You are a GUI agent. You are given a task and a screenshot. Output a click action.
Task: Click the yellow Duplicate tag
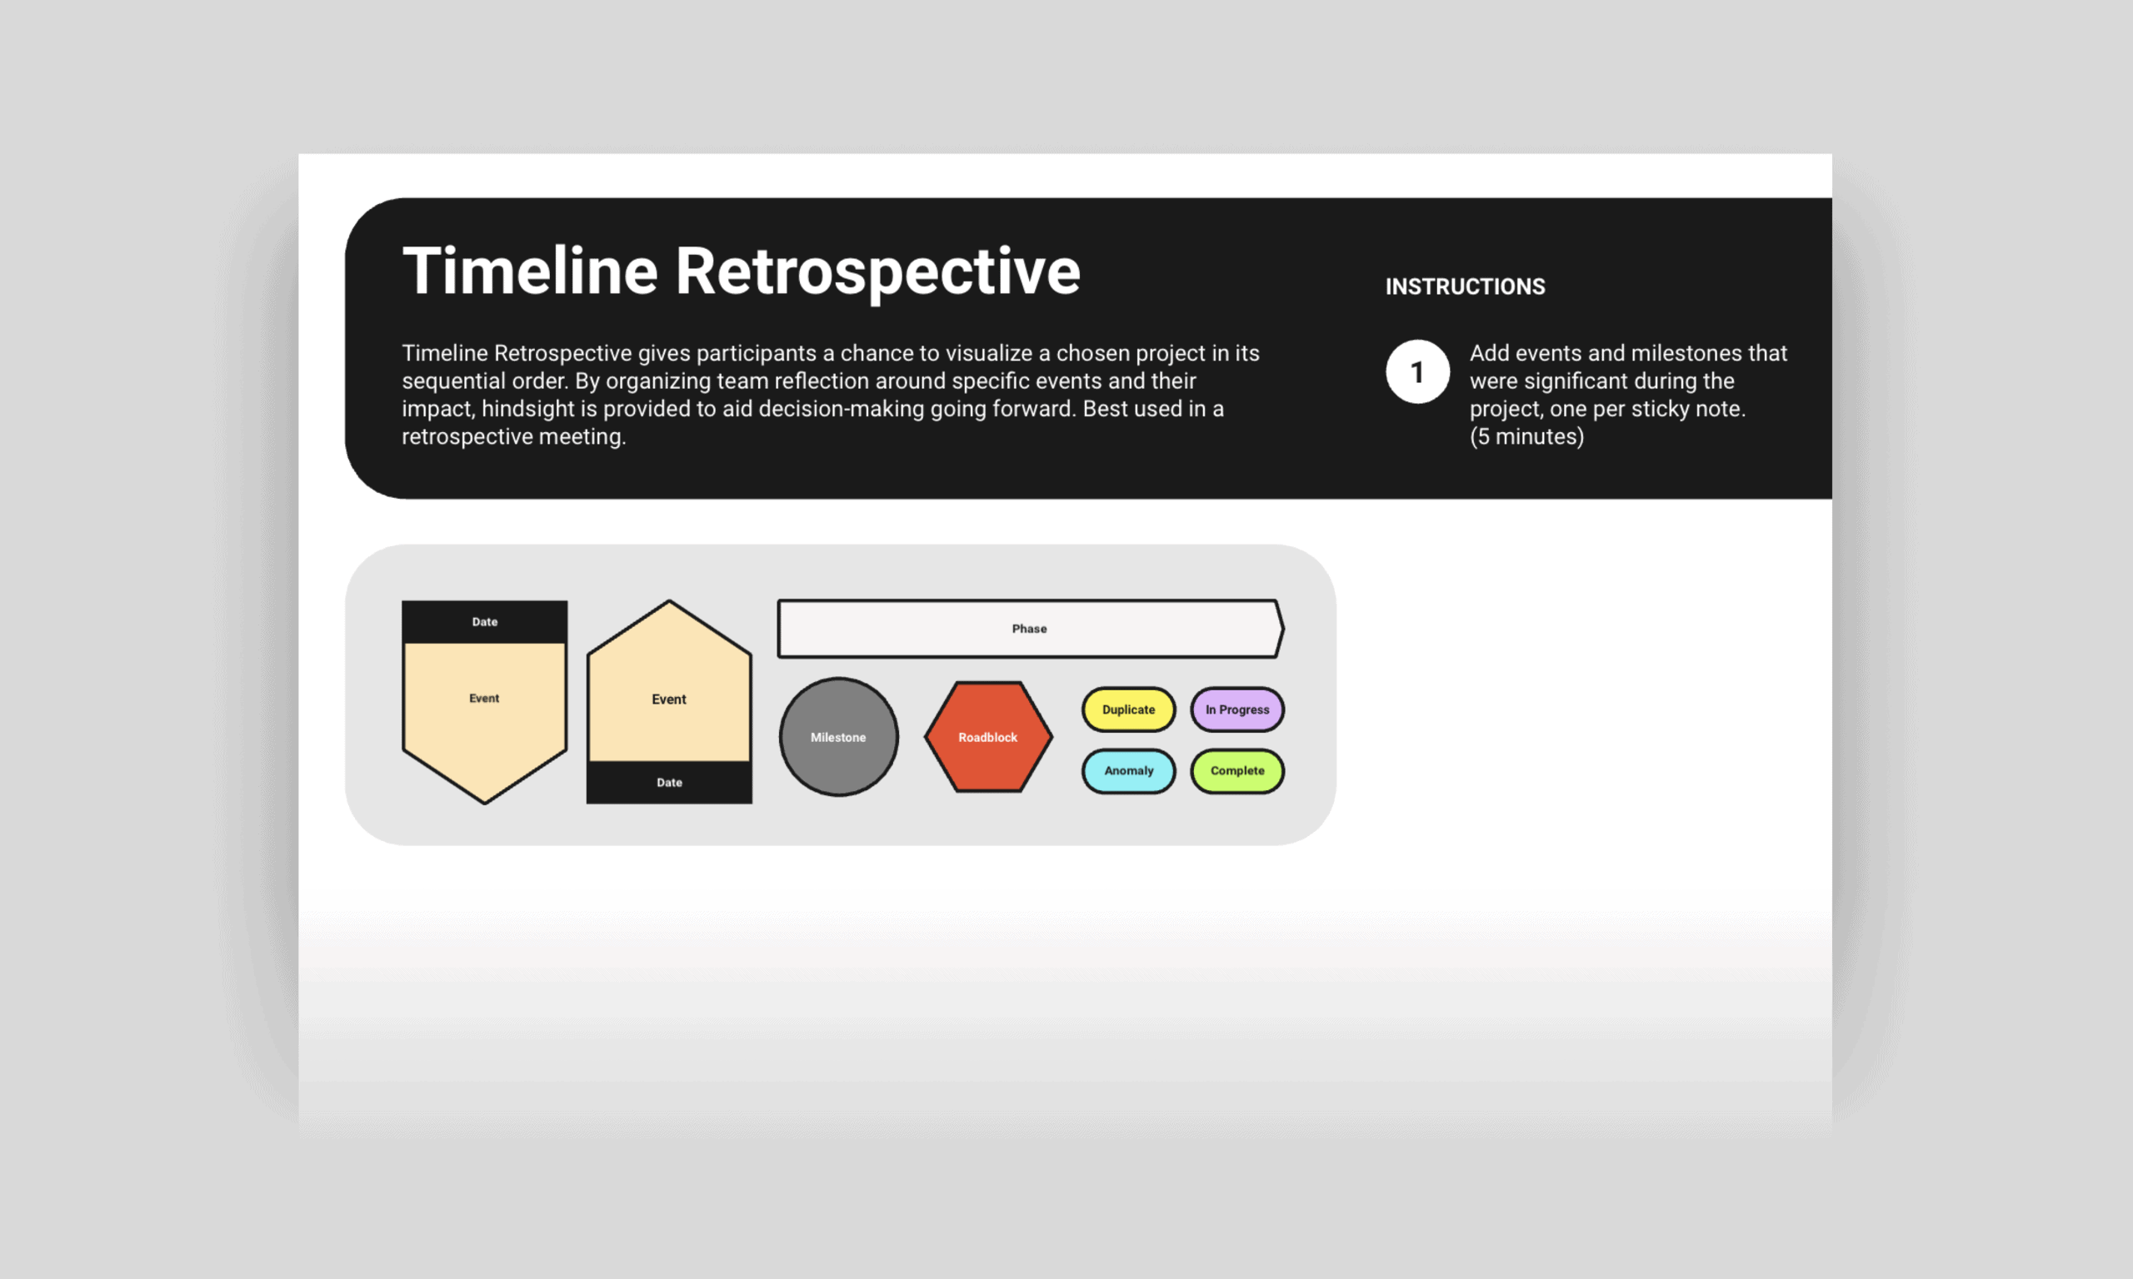[x=1129, y=709]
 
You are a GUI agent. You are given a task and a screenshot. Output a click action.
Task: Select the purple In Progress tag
[x=1237, y=709]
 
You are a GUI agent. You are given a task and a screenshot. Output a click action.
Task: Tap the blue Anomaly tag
[x=1129, y=770]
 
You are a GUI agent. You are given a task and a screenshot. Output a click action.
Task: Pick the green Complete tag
[x=1237, y=770]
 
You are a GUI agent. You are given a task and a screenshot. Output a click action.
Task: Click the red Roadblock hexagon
[x=988, y=737]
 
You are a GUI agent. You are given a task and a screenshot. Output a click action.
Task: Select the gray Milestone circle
[x=839, y=737]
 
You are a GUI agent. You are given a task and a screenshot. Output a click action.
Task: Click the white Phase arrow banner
[x=1031, y=629]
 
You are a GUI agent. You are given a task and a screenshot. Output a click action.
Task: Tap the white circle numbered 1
[x=1417, y=371]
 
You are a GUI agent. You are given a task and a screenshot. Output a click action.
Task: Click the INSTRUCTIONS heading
[x=1465, y=286]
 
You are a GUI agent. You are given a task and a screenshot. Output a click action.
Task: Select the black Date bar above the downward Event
[x=485, y=621]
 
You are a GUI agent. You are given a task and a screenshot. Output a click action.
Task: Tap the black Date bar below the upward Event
[x=669, y=783]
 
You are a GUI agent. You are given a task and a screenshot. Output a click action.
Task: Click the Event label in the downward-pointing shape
[x=484, y=698]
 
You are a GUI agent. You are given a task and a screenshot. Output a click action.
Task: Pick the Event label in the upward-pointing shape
[x=669, y=699]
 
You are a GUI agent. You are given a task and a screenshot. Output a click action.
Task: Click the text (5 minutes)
[x=1527, y=436]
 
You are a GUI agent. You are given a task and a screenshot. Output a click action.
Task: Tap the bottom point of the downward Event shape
[x=485, y=804]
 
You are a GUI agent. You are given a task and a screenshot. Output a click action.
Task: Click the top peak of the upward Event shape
[x=669, y=600]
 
